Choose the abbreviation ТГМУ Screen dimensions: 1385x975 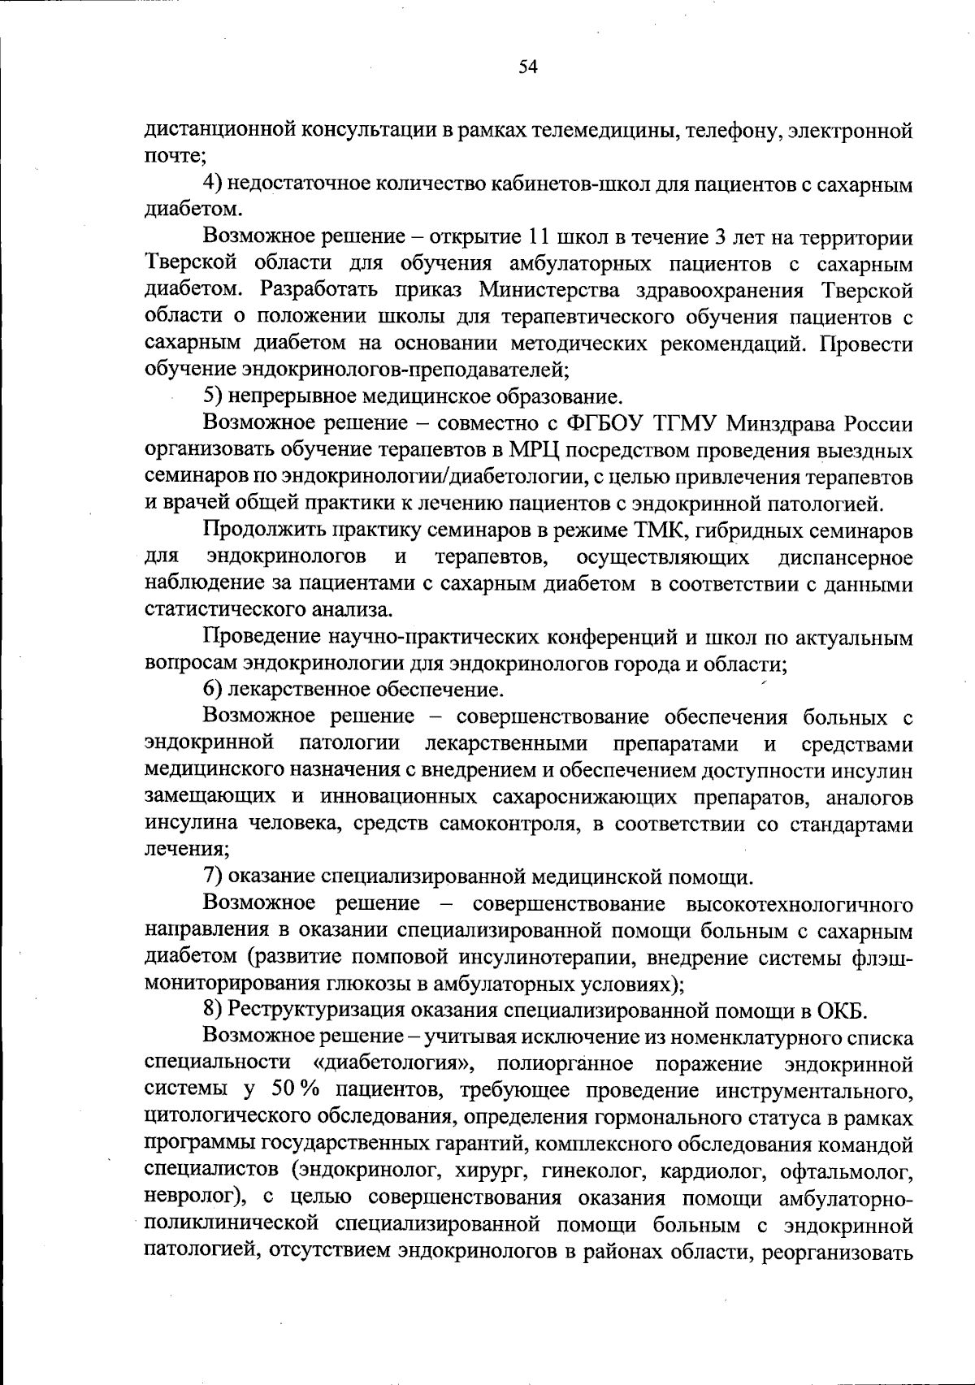[685, 423]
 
